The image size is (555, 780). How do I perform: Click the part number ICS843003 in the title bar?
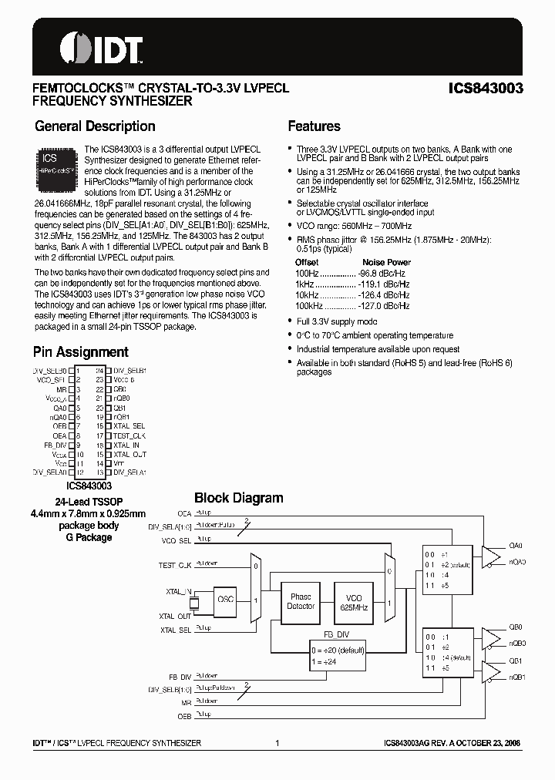click(486, 89)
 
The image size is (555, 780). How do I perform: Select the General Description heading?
click(95, 126)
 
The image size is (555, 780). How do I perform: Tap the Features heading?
click(314, 126)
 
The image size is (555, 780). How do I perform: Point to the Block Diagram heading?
click(238, 498)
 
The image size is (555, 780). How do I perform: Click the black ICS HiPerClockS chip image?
click(55, 163)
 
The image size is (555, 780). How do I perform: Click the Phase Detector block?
click(301, 601)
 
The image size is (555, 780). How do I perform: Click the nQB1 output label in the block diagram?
click(516, 677)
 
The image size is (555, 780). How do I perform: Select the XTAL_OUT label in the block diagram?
click(174, 617)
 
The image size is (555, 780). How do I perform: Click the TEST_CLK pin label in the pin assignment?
click(129, 435)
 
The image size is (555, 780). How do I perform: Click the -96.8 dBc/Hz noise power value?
click(382, 273)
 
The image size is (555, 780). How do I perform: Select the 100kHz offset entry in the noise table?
click(310, 305)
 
